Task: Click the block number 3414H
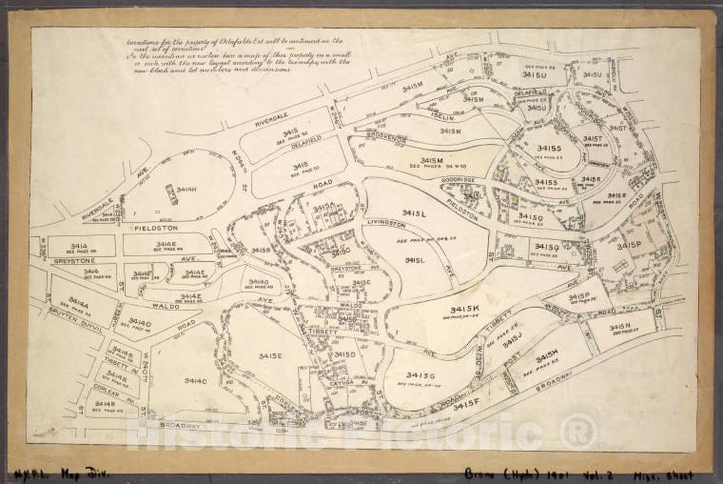click(x=186, y=190)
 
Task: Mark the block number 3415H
click(x=547, y=354)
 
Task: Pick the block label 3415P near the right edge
click(x=629, y=245)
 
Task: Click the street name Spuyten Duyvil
click(x=66, y=313)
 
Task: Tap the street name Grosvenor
click(x=387, y=139)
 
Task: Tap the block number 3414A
click(x=78, y=303)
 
